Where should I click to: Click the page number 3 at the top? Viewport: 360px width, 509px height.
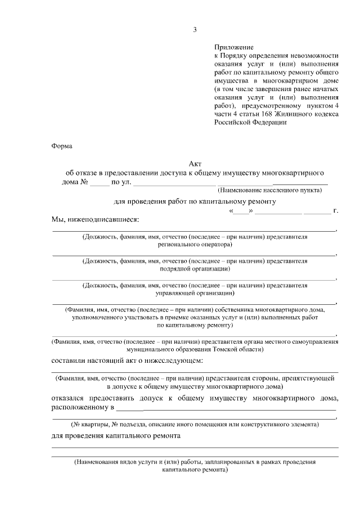(x=195, y=30)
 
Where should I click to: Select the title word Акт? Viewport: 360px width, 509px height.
(x=195, y=164)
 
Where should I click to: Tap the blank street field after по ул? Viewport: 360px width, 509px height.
(x=174, y=182)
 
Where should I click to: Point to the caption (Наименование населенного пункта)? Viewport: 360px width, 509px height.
(x=270, y=190)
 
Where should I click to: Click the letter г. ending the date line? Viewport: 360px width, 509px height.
(x=335, y=211)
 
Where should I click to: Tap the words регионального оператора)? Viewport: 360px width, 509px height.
(x=195, y=245)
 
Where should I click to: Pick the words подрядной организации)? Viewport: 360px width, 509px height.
(x=195, y=269)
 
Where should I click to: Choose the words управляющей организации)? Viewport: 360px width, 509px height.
(x=195, y=293)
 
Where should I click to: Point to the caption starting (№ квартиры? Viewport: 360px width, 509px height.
(x=195, y=425)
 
